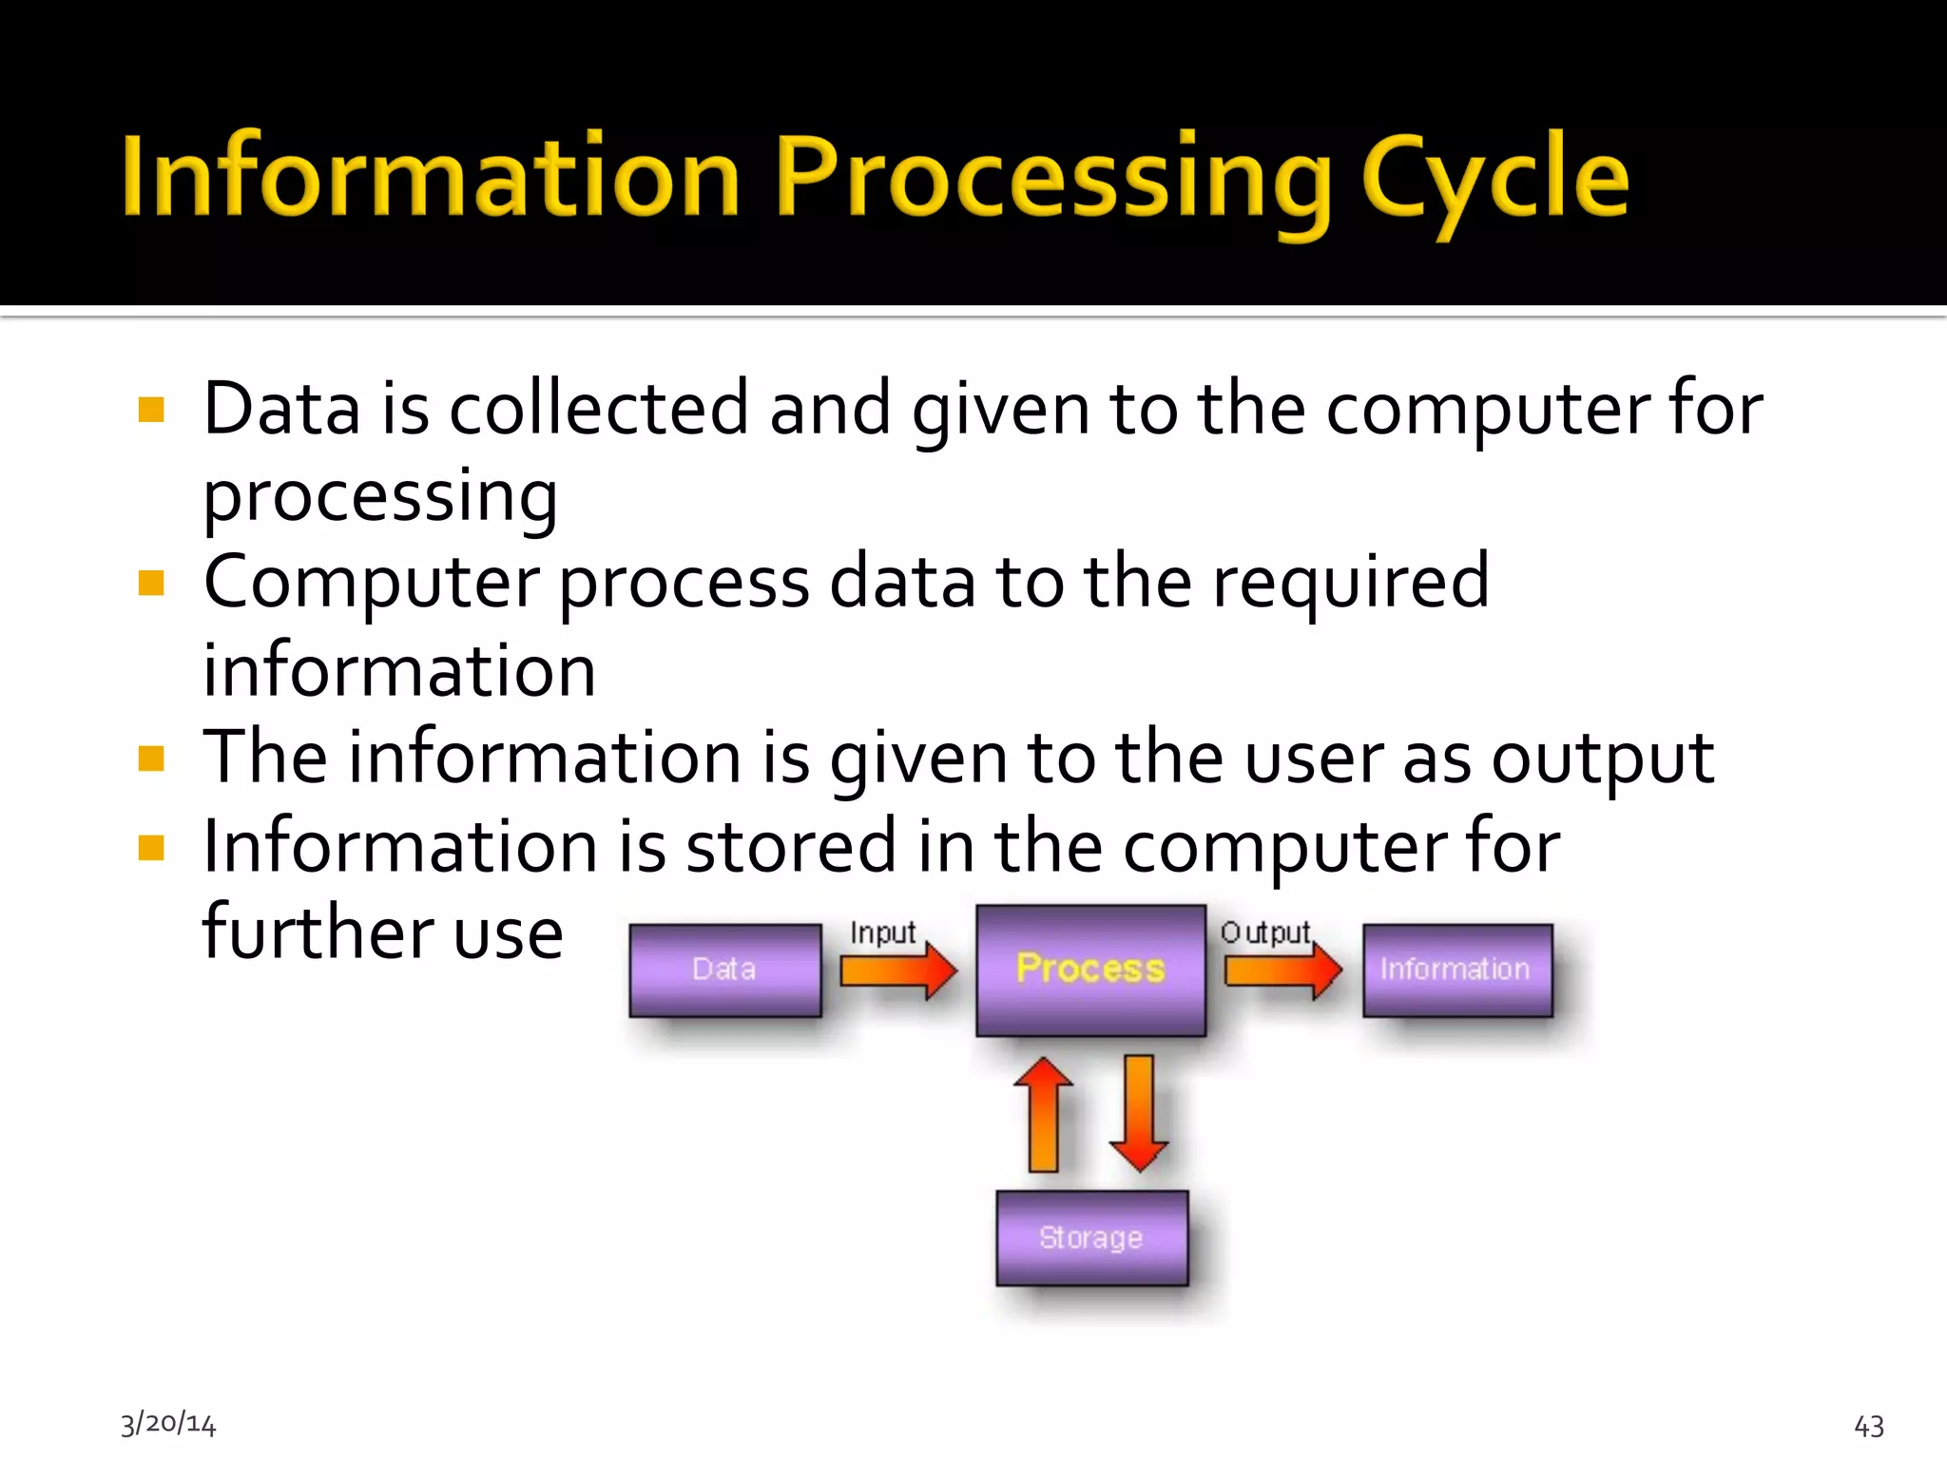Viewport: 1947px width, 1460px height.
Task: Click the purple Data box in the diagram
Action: pos(725,970)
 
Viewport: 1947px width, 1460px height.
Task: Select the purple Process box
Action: pos(1090,970)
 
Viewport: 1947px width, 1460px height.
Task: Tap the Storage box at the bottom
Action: pos(1091,1238)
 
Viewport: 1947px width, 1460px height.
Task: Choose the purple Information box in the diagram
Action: pos(1456,970)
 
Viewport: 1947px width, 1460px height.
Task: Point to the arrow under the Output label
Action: pos(1282,971)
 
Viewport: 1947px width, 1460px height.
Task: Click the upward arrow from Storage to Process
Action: pos(1043,1114)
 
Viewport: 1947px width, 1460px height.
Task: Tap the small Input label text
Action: pos(882,932)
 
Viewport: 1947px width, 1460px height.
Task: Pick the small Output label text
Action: pos(1265,932)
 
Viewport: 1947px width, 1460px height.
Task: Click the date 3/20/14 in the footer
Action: pos(168,1423)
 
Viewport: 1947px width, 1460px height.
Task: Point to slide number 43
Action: pos(1869,1426)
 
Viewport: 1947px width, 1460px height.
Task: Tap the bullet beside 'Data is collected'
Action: pos(151,410)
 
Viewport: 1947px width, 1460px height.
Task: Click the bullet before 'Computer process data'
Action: pos(151,583)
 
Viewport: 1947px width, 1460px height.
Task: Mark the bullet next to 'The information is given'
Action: pos(151,759)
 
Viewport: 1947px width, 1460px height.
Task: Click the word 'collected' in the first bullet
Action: pos(598,409)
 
